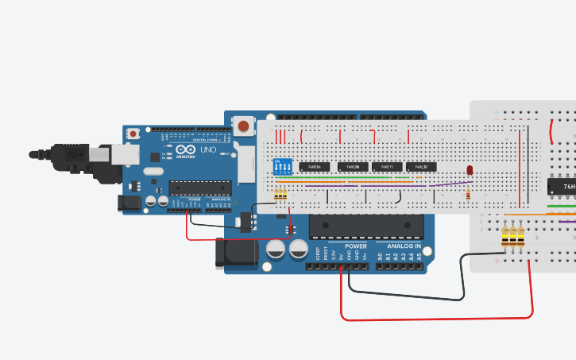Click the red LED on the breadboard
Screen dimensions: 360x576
click(470, 171)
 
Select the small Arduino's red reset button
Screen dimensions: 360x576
click(145, 132)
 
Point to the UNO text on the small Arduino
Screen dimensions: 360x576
click(207, 149)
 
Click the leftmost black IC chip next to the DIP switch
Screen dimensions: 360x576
click(315, 167)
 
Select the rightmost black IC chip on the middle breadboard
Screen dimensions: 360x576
click(421, 167)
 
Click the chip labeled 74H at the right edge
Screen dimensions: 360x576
click(562, 188)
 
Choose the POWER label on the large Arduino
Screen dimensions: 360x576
click(356, 246)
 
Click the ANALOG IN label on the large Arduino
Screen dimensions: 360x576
click(404, 246)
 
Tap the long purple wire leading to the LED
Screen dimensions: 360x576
click(397, 186)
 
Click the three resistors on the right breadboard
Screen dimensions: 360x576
click(514, 236)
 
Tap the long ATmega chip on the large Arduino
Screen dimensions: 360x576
click(365, 226)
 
